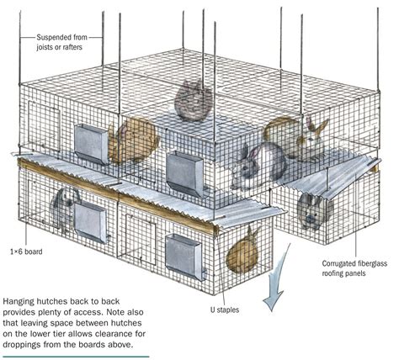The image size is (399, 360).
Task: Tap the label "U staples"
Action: click(225, 310)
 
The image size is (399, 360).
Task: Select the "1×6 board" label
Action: click(26, 251)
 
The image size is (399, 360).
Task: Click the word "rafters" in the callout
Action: click(72, 47)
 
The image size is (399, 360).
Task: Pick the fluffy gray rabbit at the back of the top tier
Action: click(194, 100)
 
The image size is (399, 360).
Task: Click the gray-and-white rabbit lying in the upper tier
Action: click(258, 166)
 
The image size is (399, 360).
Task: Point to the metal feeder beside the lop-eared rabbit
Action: click(90, 222)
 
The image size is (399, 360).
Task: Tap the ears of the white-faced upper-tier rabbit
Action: click(317, 125)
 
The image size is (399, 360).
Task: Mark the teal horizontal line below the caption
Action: click(76, 357)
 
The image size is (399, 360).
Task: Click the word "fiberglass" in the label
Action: click(373, 263)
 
